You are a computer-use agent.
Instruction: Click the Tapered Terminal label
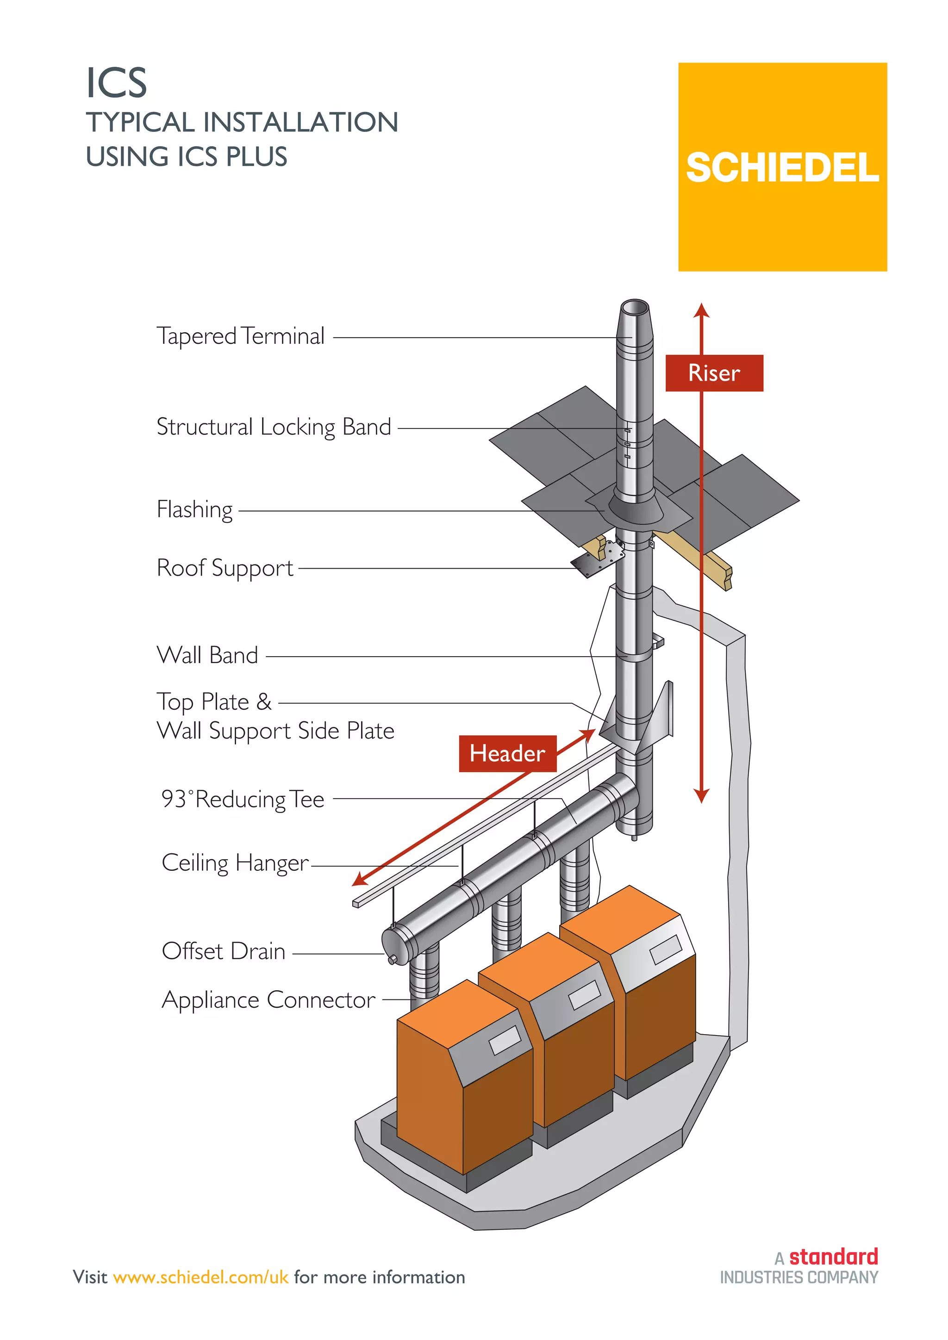coord(241,337)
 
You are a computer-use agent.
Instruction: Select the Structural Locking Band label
coord(273,427)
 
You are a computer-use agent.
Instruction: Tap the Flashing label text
coord(194,509)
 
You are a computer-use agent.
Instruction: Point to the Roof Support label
coord(225,568)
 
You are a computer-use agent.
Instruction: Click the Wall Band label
coord(207,655)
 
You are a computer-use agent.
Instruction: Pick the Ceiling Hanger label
coord(235,863)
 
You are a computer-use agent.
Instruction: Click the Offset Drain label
coord(224,952)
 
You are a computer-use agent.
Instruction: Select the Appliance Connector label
coord(268,1000)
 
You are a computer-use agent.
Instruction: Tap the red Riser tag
coord(714,373)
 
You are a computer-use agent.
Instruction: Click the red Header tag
coord(507,753)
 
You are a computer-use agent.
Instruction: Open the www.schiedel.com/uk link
coord(201,1277)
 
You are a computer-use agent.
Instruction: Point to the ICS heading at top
coord(116,83)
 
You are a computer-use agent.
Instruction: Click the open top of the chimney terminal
coord(635,308)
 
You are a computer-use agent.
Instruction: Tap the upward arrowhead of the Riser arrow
coord(702,310)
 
